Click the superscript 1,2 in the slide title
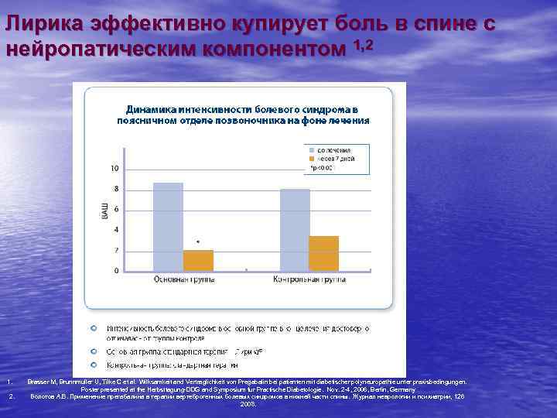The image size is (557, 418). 364,46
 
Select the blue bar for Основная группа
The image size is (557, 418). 168,227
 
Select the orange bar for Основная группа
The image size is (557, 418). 198,261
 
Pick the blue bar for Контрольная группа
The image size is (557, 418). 295,230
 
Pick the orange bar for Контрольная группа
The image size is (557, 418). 324,253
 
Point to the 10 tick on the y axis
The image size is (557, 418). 114,168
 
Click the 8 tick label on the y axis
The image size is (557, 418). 116,189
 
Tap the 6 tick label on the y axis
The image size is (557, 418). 116,210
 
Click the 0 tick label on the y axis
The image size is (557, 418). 116,271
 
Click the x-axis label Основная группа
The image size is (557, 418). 183,279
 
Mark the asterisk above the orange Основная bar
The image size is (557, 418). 198,242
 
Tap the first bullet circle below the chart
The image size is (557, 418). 94,328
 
